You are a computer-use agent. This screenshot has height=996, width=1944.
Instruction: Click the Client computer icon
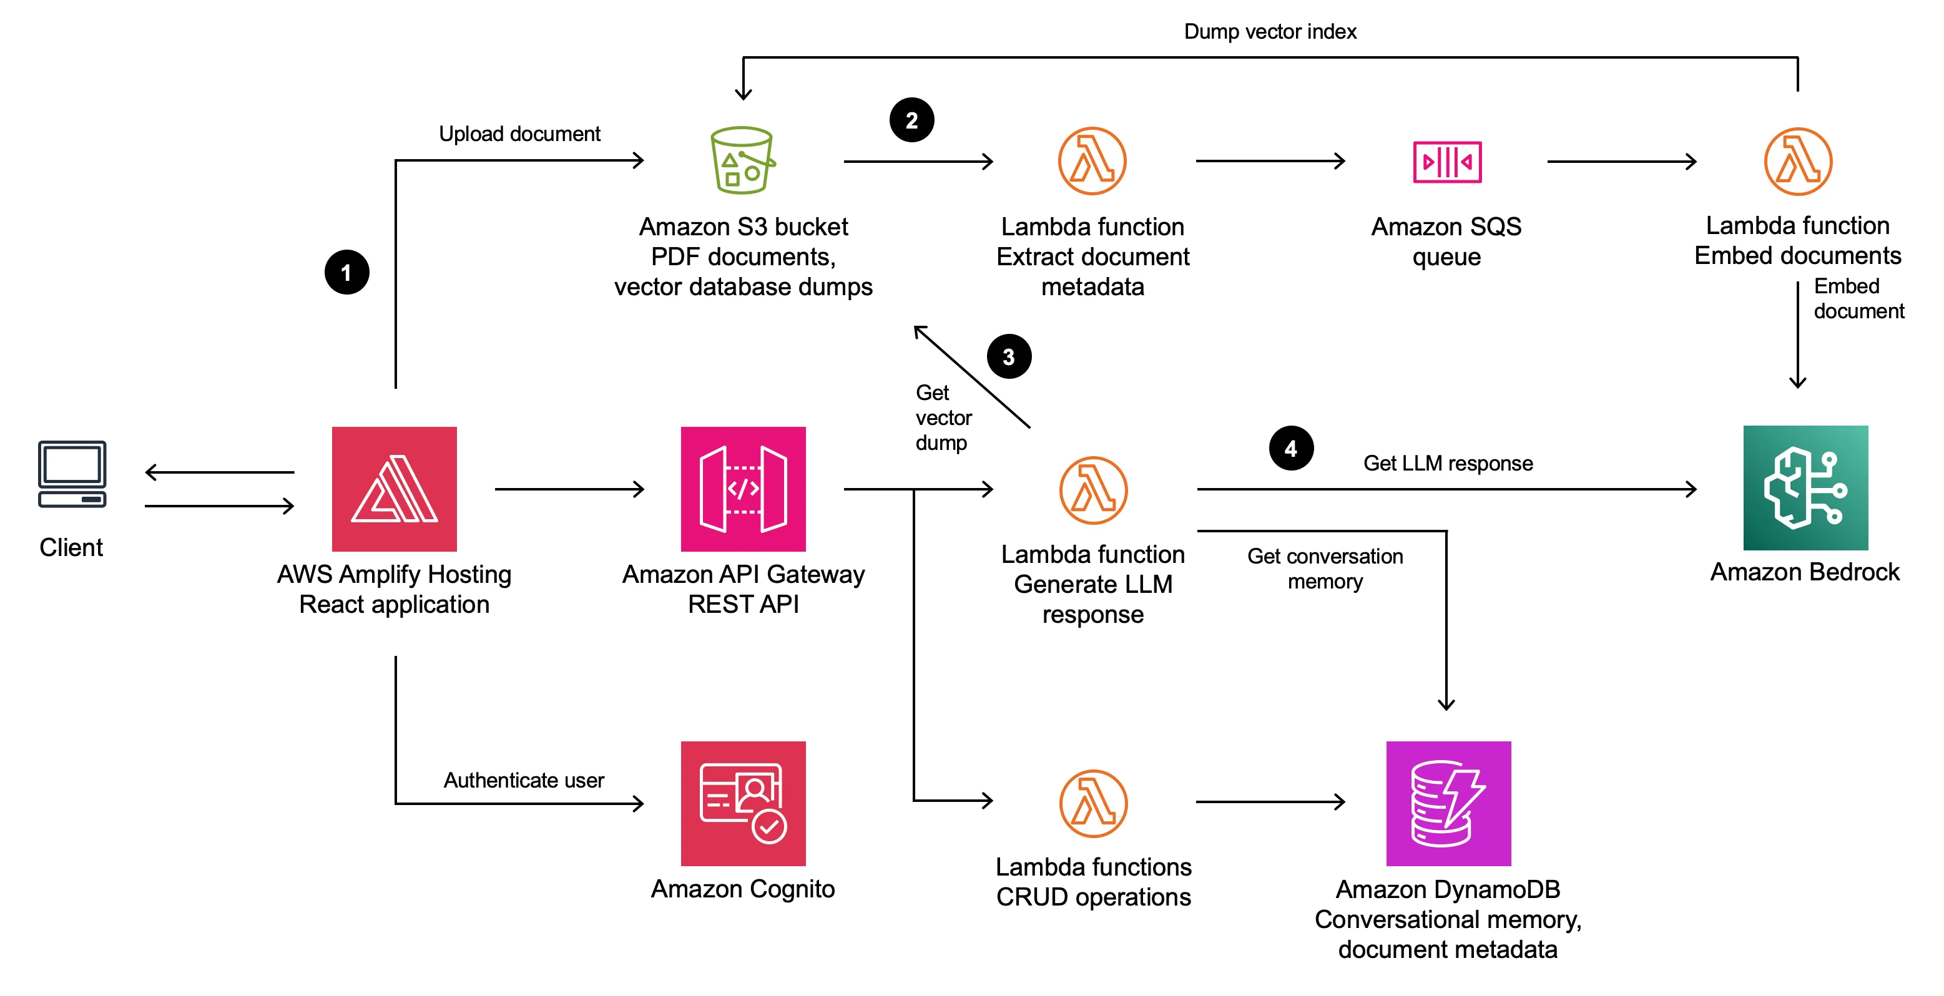[72, 474]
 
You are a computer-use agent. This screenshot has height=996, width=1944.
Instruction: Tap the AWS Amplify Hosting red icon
[394, 489]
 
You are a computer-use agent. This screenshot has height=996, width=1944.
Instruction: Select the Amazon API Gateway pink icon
[743, 489]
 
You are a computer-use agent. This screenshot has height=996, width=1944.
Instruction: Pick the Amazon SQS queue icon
[1446, 162]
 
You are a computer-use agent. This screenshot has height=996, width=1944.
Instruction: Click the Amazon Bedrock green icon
[1805, 487]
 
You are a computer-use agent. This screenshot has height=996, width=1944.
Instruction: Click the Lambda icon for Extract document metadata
[1092, 162]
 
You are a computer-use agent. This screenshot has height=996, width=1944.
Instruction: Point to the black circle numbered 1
[346, 272]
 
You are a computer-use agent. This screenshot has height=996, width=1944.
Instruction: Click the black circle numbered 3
[1009, 356]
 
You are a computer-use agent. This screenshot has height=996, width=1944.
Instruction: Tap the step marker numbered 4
[1291, 448]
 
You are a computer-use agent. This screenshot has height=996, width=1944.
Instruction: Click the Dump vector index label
[1270, 32]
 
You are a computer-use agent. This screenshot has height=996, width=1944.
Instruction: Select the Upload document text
[519, 134]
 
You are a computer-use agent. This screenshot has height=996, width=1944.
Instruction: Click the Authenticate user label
[523, 779]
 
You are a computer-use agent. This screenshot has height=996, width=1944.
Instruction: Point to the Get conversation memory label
[1325, 568]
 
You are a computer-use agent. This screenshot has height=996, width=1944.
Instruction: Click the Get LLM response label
[1448, 462]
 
